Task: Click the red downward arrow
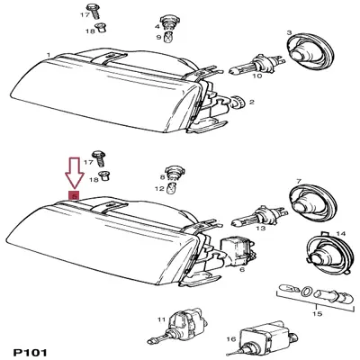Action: (74, 172)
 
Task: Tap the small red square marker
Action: (74, 195)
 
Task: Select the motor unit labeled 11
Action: (184, 325)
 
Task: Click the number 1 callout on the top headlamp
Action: (48, 56)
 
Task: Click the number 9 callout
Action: (157, 38)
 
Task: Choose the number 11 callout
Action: (160, 320)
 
